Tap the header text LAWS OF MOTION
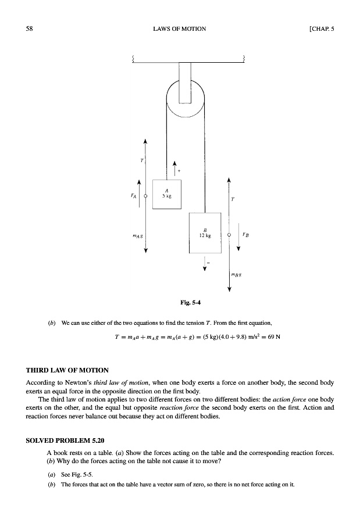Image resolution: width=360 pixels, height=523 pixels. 180,28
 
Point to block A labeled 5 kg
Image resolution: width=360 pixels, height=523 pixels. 167,194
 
